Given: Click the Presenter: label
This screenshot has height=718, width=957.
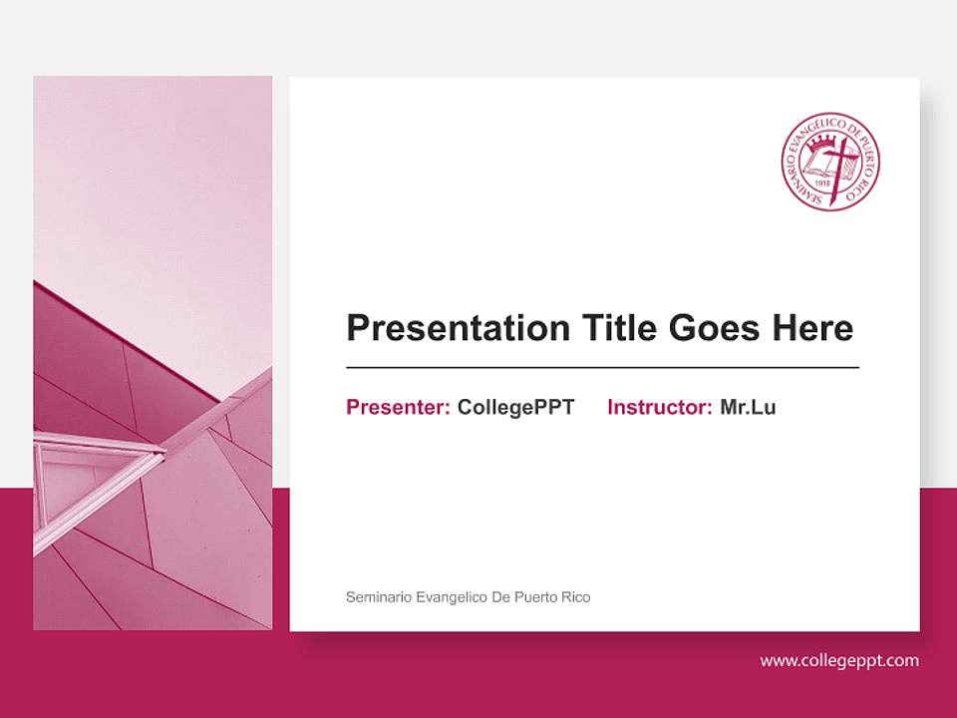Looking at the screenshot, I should (398, 407).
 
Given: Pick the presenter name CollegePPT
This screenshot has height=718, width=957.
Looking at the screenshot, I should (515, 407).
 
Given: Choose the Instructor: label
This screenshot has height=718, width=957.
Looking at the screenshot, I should (659, 407).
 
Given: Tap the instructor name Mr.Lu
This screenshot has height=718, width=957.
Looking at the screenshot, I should (748, 407).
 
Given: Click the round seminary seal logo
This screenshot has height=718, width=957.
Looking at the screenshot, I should (830, 162).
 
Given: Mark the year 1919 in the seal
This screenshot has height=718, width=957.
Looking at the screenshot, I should (822, 182).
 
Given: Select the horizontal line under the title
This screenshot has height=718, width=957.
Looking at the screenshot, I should (602, 368).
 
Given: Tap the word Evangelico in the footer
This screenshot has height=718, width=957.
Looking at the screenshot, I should (445, 597).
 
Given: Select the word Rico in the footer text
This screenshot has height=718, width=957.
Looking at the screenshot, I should (574, 597).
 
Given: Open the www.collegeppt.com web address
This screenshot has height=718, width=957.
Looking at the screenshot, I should (839, 660).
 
